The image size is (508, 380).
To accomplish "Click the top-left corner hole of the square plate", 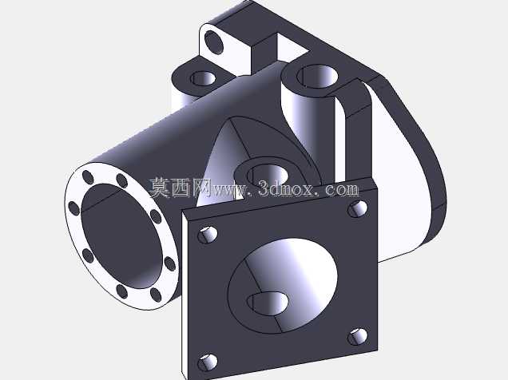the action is point(208,235).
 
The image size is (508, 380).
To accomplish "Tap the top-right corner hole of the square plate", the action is point(358,208).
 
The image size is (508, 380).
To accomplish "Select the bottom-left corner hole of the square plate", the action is point(208,362).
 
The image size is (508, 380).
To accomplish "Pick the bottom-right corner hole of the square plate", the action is point(358,337).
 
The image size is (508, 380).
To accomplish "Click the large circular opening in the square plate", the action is point(283,286).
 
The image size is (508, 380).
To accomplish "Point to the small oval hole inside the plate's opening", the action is point(268,303).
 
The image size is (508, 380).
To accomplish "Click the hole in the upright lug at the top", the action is point(213,43).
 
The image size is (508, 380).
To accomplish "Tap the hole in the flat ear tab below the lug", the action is point(203,78).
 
